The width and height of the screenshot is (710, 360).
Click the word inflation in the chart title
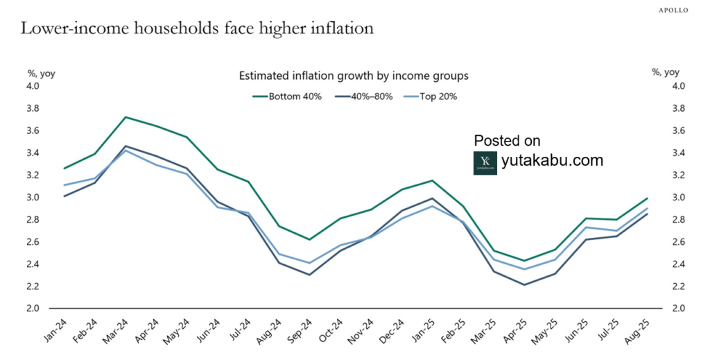tap(334, 28)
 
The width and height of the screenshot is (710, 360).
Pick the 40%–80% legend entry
tap(364, 96)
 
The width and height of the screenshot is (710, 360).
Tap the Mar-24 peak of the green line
tap(125, 117)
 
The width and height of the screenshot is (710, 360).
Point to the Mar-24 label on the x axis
tap(117, 331)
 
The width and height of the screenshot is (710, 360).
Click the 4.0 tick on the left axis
tap(34, 86)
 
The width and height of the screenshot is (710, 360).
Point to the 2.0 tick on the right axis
tap(677, 308)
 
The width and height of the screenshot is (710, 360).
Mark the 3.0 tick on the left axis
tap(34, 197)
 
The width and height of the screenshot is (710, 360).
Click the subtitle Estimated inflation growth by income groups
tap(354, 76)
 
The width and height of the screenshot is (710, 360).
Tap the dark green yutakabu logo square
tap(485, 162)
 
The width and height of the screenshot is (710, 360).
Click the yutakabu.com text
tap(552, 161)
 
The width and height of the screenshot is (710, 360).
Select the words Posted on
tap(508, 141)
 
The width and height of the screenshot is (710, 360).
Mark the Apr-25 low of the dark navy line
tap(524, 284)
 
